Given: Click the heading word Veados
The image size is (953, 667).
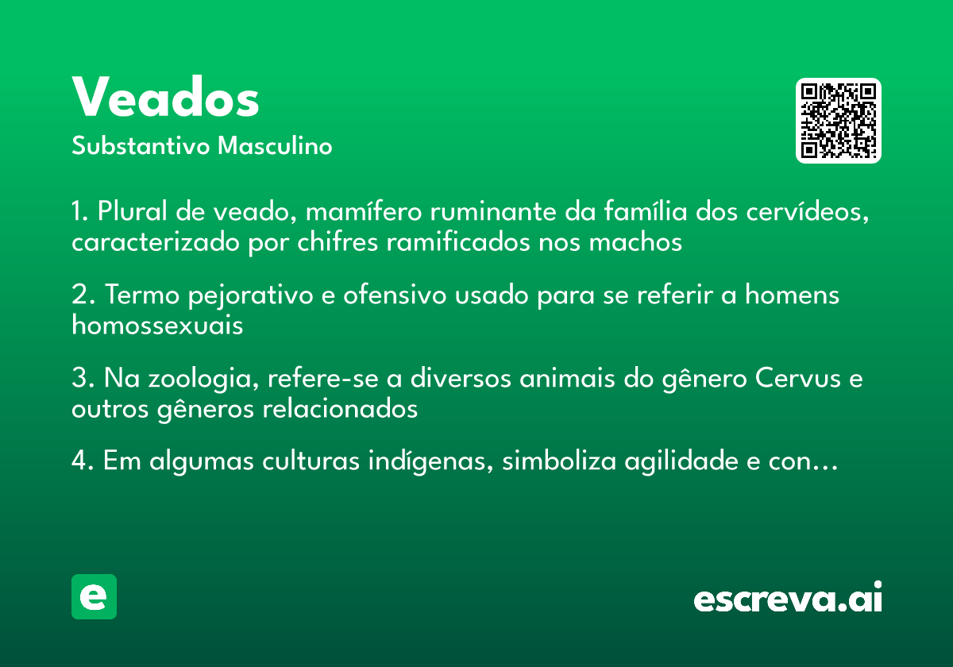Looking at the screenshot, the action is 165,96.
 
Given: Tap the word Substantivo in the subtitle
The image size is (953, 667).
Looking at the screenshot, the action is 141,145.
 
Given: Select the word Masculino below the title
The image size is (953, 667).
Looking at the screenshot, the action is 275,145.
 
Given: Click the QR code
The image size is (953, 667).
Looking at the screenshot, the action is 838,121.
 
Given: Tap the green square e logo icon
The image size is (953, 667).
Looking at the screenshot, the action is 94,596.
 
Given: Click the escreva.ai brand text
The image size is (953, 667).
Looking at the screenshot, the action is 788,597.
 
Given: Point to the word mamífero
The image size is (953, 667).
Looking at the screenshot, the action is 364,211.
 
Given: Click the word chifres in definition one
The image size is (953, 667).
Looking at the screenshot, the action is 338,242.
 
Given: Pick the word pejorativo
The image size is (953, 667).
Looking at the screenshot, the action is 251,295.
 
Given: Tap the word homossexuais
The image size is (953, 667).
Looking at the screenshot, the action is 157,326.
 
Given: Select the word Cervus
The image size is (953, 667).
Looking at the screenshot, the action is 797,378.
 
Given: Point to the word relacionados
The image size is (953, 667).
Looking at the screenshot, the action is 340,409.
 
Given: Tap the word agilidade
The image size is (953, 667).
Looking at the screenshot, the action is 681,461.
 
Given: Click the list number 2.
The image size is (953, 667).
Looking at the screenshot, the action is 83,295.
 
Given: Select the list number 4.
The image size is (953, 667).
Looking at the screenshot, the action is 83,461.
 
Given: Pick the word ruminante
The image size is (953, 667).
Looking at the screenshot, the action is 493,211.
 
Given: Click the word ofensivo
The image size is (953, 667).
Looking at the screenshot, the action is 395,295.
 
